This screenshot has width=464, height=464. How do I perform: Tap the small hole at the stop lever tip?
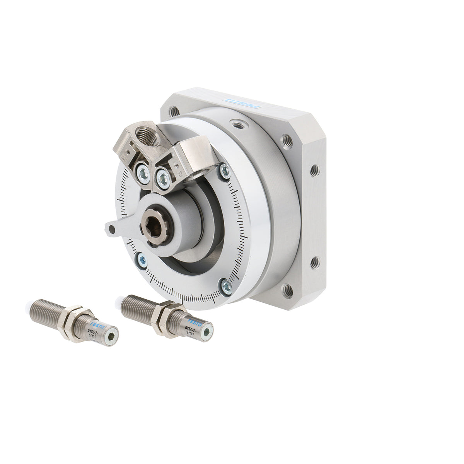click(112, 230)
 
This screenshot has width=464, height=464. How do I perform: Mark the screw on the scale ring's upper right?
click(225, 171)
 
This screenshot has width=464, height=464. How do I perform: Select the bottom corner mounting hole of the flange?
click(288, 289)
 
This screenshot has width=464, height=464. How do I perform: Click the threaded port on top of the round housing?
click(236, 124)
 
